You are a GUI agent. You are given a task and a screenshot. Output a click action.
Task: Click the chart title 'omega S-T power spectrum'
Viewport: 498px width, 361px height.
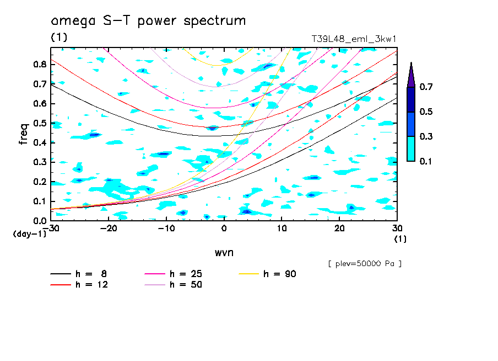click(x=148, y=21)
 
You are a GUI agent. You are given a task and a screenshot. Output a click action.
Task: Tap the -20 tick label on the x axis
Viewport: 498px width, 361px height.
click(x=109, y=229)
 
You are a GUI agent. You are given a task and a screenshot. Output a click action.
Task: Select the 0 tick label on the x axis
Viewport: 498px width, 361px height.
click(x=224, y=229)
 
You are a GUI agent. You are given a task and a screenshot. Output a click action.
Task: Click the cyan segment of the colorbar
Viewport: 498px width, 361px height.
click(x=411, y=148)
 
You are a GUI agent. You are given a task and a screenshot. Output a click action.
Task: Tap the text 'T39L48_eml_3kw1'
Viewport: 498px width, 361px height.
click(x=354, y=39)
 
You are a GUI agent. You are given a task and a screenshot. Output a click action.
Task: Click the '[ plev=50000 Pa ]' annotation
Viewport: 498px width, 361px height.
click(x=365, y=264)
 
